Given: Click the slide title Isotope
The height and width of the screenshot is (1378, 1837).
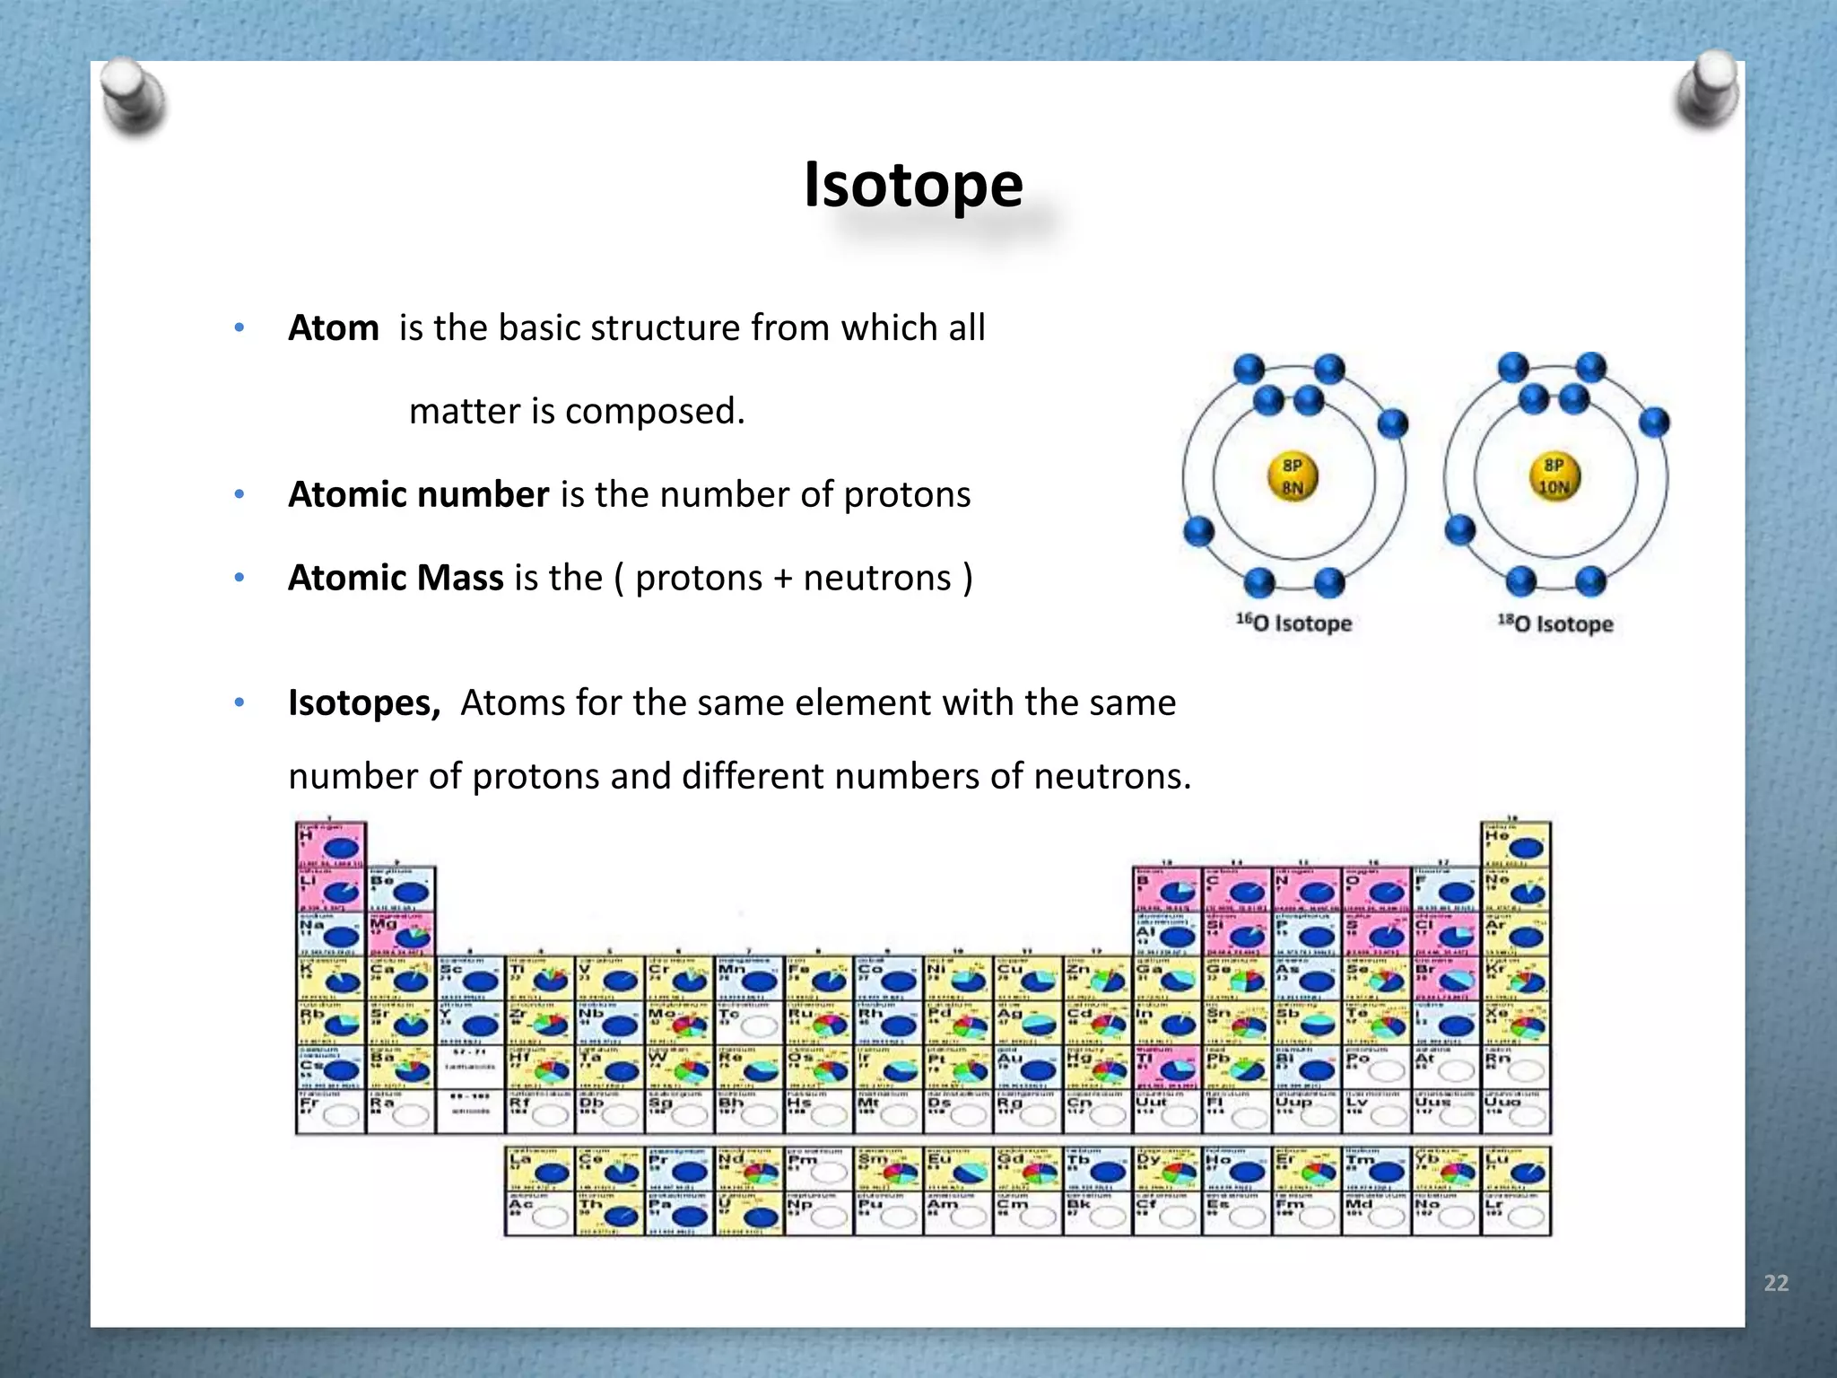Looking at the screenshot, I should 913,185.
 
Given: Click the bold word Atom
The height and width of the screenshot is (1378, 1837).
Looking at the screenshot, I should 333,328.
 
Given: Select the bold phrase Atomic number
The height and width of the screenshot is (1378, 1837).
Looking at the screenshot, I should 418,495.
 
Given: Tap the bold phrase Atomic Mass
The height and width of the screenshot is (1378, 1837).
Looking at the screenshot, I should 396,579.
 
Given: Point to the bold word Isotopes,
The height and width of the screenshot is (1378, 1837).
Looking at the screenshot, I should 364,703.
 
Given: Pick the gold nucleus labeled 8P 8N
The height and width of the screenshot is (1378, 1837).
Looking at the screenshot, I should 1292,476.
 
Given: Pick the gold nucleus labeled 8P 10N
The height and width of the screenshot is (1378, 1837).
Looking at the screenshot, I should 1554,476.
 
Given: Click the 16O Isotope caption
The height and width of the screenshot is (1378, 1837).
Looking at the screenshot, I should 1293,623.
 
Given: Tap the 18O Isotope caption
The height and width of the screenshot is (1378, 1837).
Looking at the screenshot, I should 1555,624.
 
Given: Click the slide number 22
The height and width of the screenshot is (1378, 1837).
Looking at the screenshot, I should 1775,1283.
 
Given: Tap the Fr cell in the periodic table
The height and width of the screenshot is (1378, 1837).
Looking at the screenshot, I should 330,1112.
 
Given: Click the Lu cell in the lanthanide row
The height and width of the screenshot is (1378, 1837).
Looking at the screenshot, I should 1516,1169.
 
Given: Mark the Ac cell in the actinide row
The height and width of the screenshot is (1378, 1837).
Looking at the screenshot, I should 538,1214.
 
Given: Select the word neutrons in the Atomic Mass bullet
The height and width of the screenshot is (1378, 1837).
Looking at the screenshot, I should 876,579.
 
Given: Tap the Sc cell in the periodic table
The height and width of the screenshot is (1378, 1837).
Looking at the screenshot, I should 470,979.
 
